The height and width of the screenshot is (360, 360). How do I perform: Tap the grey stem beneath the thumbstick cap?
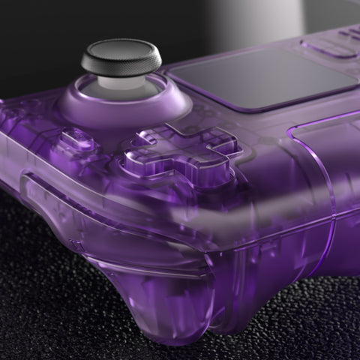pos(121,81)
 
